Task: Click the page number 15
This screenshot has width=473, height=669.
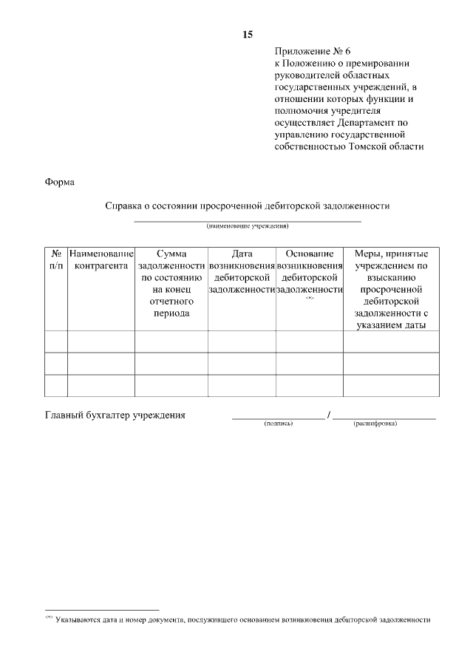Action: point(248,34)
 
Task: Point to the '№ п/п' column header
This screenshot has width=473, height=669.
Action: point(56,259)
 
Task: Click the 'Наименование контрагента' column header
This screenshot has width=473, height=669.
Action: point(101,259)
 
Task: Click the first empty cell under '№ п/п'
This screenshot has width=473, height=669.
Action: point(56,342)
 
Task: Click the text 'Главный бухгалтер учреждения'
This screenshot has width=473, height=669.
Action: point(115,415)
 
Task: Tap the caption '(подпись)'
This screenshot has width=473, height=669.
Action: point(279,424)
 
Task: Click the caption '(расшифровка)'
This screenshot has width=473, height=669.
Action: point(375,424)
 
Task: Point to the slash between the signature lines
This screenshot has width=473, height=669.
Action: point(328,415)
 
